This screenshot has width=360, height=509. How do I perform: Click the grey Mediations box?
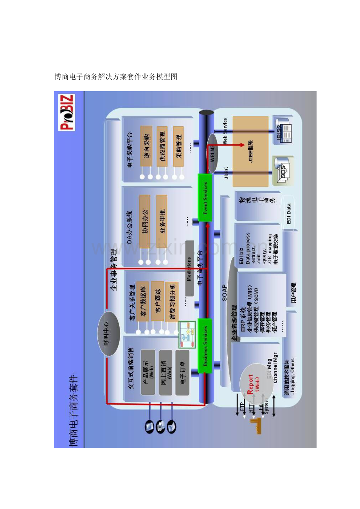click(189, 268)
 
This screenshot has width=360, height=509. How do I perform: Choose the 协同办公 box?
click(144, 221)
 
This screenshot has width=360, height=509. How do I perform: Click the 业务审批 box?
click(162, 221)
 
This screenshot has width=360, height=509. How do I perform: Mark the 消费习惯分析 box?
click(172, 301)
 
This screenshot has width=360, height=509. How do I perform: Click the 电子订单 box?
click(182, 372)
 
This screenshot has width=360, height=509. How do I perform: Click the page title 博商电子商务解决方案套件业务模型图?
click(116, 77)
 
